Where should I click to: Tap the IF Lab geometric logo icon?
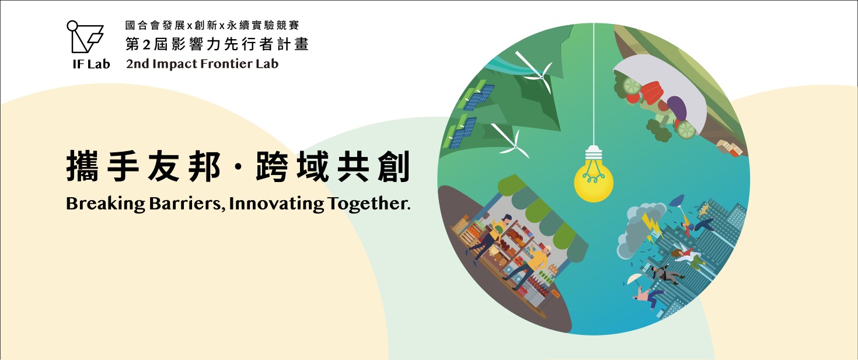[x=85, y=37]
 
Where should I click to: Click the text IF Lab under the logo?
[x=91, y=64]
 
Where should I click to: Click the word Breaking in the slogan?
[x=105, y=204]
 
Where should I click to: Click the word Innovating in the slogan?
[x=276, y=204]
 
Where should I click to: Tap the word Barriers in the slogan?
[x=187, y=204]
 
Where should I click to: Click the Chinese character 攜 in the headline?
[x=82, y=166]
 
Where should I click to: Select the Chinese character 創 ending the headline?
[x=394, y=166]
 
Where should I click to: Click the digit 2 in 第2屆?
[x=146, y=45]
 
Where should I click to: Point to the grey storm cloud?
[x=638, y=230]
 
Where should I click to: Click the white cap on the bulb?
[x=594, y=153]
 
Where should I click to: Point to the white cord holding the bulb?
[x=594, y=84]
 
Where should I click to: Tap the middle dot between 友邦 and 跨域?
[x=238, y=167]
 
